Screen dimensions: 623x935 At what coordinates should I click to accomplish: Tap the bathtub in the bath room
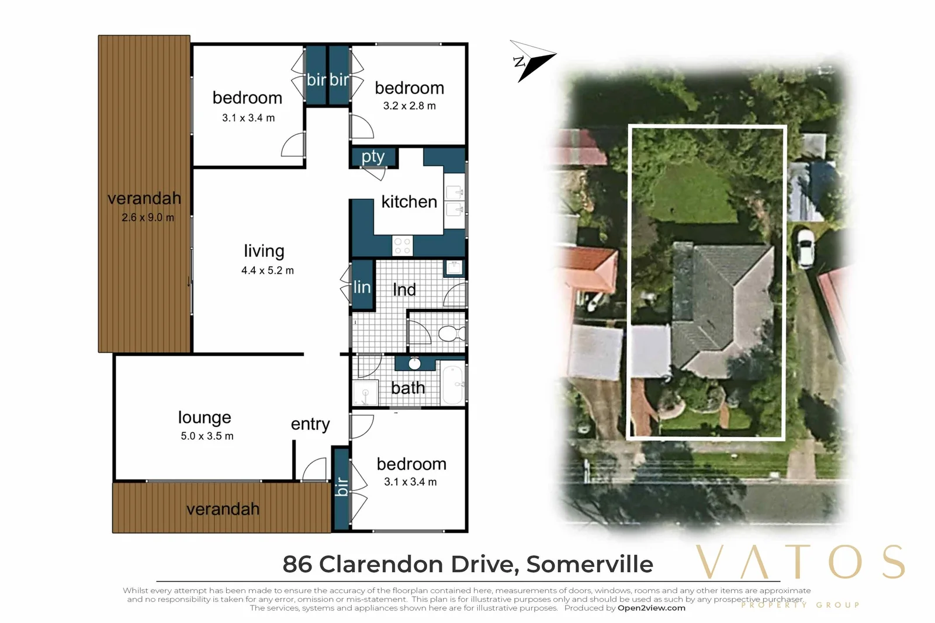[453, 384]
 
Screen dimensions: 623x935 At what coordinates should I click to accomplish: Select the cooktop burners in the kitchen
[402, 246]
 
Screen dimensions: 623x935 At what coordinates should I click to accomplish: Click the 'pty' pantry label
[373, 157]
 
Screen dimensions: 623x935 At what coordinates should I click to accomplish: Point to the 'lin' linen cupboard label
[362, 287]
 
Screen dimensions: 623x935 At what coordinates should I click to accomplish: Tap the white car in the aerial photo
[806, 248]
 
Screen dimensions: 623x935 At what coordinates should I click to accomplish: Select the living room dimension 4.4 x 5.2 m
[268, 271]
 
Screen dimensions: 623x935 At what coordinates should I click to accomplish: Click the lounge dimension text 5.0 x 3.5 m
[207, 436]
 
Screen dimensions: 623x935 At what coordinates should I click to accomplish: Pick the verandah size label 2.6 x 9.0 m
[148, 218]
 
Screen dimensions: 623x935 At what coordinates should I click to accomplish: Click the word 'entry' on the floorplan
[310, 424]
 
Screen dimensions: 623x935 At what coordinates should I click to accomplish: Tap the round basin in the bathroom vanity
[414, 364]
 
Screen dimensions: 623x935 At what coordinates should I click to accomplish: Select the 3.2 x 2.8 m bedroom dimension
[409, 106]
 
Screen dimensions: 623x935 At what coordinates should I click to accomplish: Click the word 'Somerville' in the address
[589, 565]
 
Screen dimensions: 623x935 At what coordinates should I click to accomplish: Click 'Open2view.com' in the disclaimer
[651, 608]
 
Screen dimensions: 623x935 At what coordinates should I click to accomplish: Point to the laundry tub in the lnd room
[454, 267]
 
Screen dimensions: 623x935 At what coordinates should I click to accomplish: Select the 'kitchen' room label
[409, 202]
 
